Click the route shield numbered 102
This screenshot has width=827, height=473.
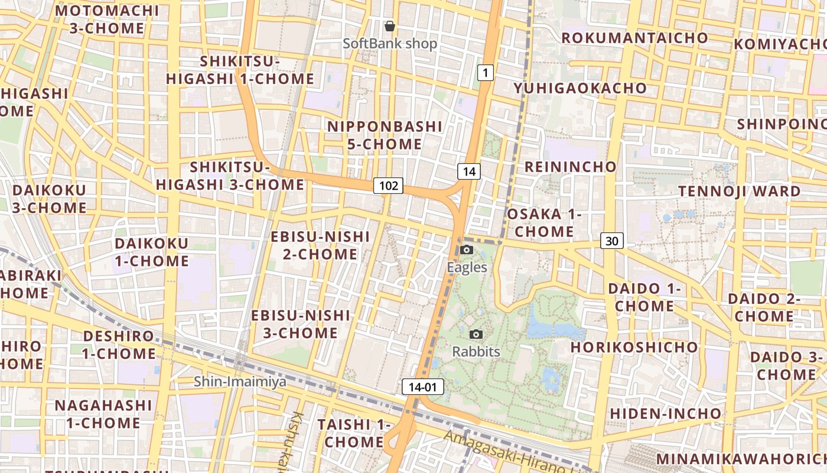coord(388,186)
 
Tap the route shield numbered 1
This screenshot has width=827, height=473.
coord(485,73)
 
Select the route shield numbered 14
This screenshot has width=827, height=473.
coord(469,171)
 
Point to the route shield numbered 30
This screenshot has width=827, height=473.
coord(612,241)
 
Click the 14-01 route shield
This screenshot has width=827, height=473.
coord(423,387)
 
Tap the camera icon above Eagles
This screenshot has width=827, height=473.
coord(467,250)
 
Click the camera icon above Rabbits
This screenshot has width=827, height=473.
coord(476,334)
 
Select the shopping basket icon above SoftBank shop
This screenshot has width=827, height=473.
coord(390,26)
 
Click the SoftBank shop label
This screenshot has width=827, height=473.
coord(390,44)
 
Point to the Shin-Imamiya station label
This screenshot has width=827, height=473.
coord(240,381)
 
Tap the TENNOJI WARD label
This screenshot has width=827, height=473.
coord(739,191)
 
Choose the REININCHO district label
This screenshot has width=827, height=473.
coord(570,167)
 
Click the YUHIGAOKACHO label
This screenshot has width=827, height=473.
coord(580,88)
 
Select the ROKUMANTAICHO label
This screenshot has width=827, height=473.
coord(634,38)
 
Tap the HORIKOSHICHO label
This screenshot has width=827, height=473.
coord(634,346)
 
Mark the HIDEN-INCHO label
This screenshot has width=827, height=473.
coord(666,413)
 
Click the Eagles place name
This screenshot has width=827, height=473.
coord(467,267)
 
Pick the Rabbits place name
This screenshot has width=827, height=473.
coord(476,352)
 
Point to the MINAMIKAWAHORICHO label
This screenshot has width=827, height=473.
coord(741,459)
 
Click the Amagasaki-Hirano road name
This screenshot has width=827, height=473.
coord(508,452)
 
